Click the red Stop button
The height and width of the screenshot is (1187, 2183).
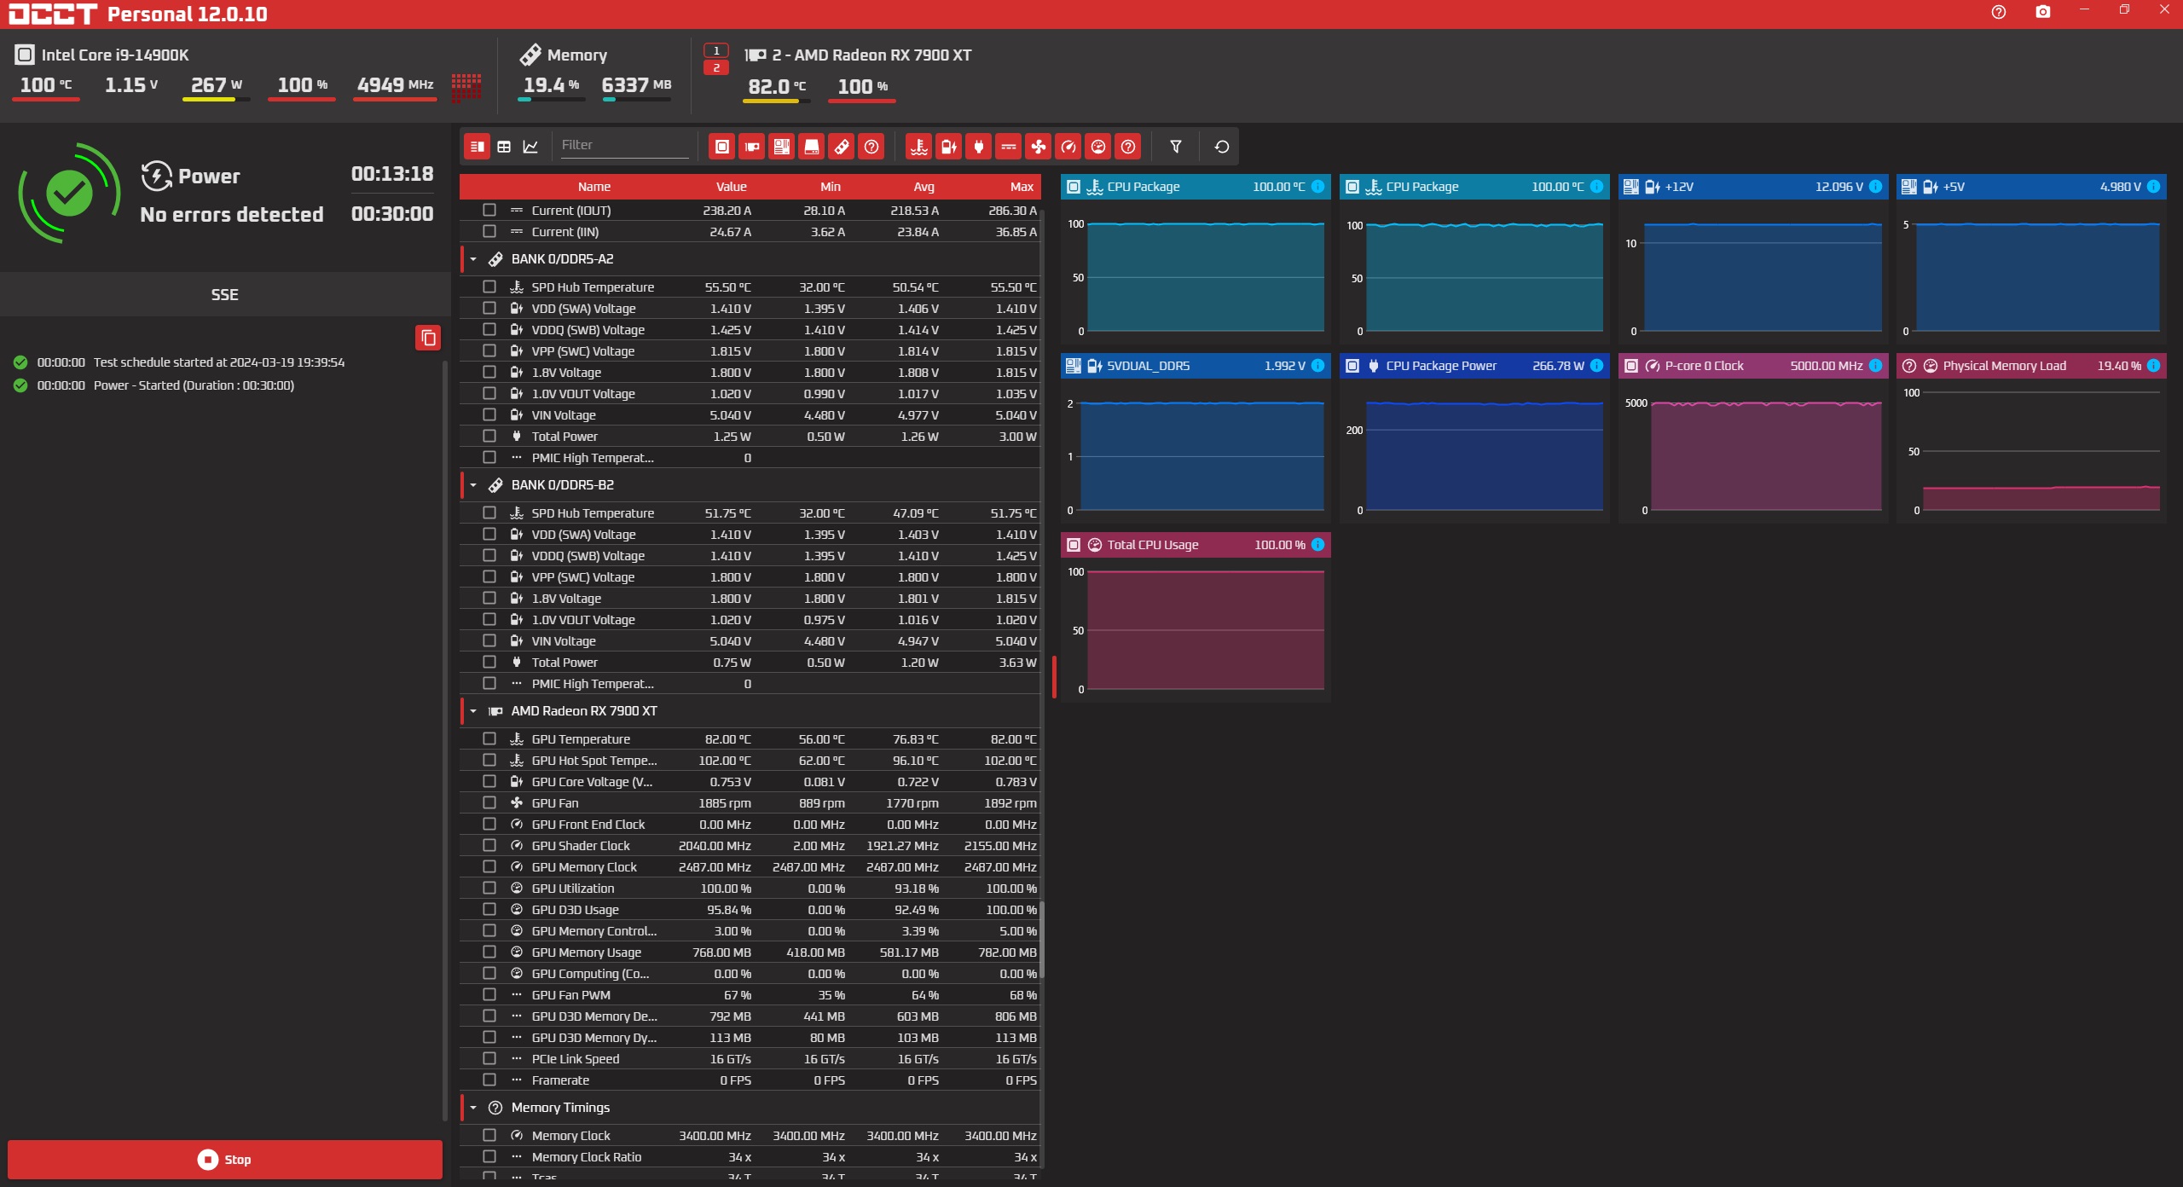[225, 1159]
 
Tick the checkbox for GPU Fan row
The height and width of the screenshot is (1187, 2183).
[489, 802]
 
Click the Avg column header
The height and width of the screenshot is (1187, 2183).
[924, 187]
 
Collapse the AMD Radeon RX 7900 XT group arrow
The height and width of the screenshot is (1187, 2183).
[473, 711]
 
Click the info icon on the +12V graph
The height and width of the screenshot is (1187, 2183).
[1875, 187]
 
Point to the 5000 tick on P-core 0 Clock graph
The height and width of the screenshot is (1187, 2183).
[1636, 403]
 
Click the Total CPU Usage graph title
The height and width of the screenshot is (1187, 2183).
[1152, 545]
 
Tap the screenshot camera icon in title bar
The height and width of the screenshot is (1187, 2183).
[2043, 12]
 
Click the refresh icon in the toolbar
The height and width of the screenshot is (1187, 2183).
[1221, 147]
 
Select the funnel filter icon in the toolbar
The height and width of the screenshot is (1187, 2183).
[1176, 147]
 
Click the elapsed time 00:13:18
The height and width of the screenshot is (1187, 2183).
[392, 174]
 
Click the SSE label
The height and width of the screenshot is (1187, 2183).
[225, 295]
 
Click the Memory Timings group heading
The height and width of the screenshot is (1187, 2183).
[560, 1108]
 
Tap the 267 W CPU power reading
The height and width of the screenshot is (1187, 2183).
[217, 85]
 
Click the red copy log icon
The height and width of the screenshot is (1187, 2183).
[428, 338]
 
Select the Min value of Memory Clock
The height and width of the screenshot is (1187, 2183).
[808, 1136]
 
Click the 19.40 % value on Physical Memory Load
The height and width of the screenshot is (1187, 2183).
[2119, 366]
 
